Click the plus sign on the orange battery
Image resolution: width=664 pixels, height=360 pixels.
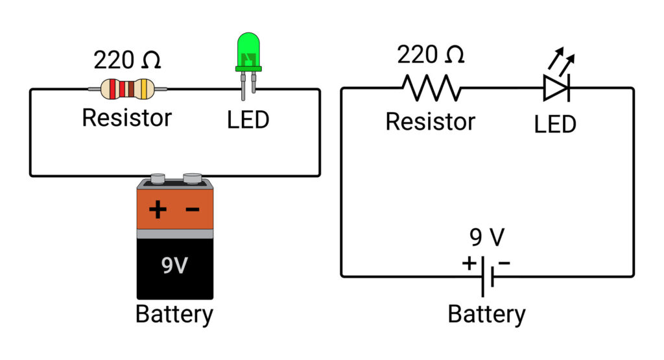tap(158, 210)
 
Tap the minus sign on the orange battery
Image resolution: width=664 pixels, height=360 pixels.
tap(193, 210)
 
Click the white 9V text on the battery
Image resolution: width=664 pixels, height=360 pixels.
tap(174, 265)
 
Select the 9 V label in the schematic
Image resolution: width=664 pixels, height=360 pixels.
tap(486, 238)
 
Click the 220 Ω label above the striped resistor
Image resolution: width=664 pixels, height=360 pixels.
tap(127, 60)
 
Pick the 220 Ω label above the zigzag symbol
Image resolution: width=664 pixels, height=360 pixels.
tap(431, 55)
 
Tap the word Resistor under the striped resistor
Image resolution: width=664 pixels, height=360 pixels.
tap(127, 118)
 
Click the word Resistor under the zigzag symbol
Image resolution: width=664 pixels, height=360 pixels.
tap(431, 121)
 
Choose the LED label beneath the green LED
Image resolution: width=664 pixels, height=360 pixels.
tap(248, 119)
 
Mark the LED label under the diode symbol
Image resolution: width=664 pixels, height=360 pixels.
tap(556, 124)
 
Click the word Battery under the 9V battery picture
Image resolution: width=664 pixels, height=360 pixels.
tap(174, 315)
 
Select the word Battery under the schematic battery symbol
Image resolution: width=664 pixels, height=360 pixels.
tap(486, 315)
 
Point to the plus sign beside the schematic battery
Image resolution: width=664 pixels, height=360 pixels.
tap(468, 263)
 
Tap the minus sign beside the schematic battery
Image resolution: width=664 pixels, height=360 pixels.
tap(504, 263)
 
